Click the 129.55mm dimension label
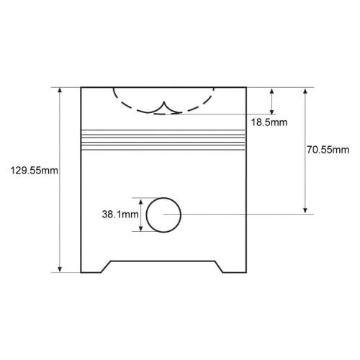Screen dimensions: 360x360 pos(34,171)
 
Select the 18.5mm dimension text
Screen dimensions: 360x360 pos(269,122)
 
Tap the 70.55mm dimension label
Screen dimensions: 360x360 pos(328,150)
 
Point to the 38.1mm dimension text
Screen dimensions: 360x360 pos(120,215)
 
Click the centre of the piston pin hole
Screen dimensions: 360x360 pos(163,215)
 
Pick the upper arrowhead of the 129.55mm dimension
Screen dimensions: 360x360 pos(60,90)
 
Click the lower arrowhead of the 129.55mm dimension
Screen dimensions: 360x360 pos(60,269)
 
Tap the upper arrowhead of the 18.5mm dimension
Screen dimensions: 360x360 pos(271,91)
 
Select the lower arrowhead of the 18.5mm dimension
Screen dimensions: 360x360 pos(271,112)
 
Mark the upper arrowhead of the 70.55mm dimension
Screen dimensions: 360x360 pos(305,91)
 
